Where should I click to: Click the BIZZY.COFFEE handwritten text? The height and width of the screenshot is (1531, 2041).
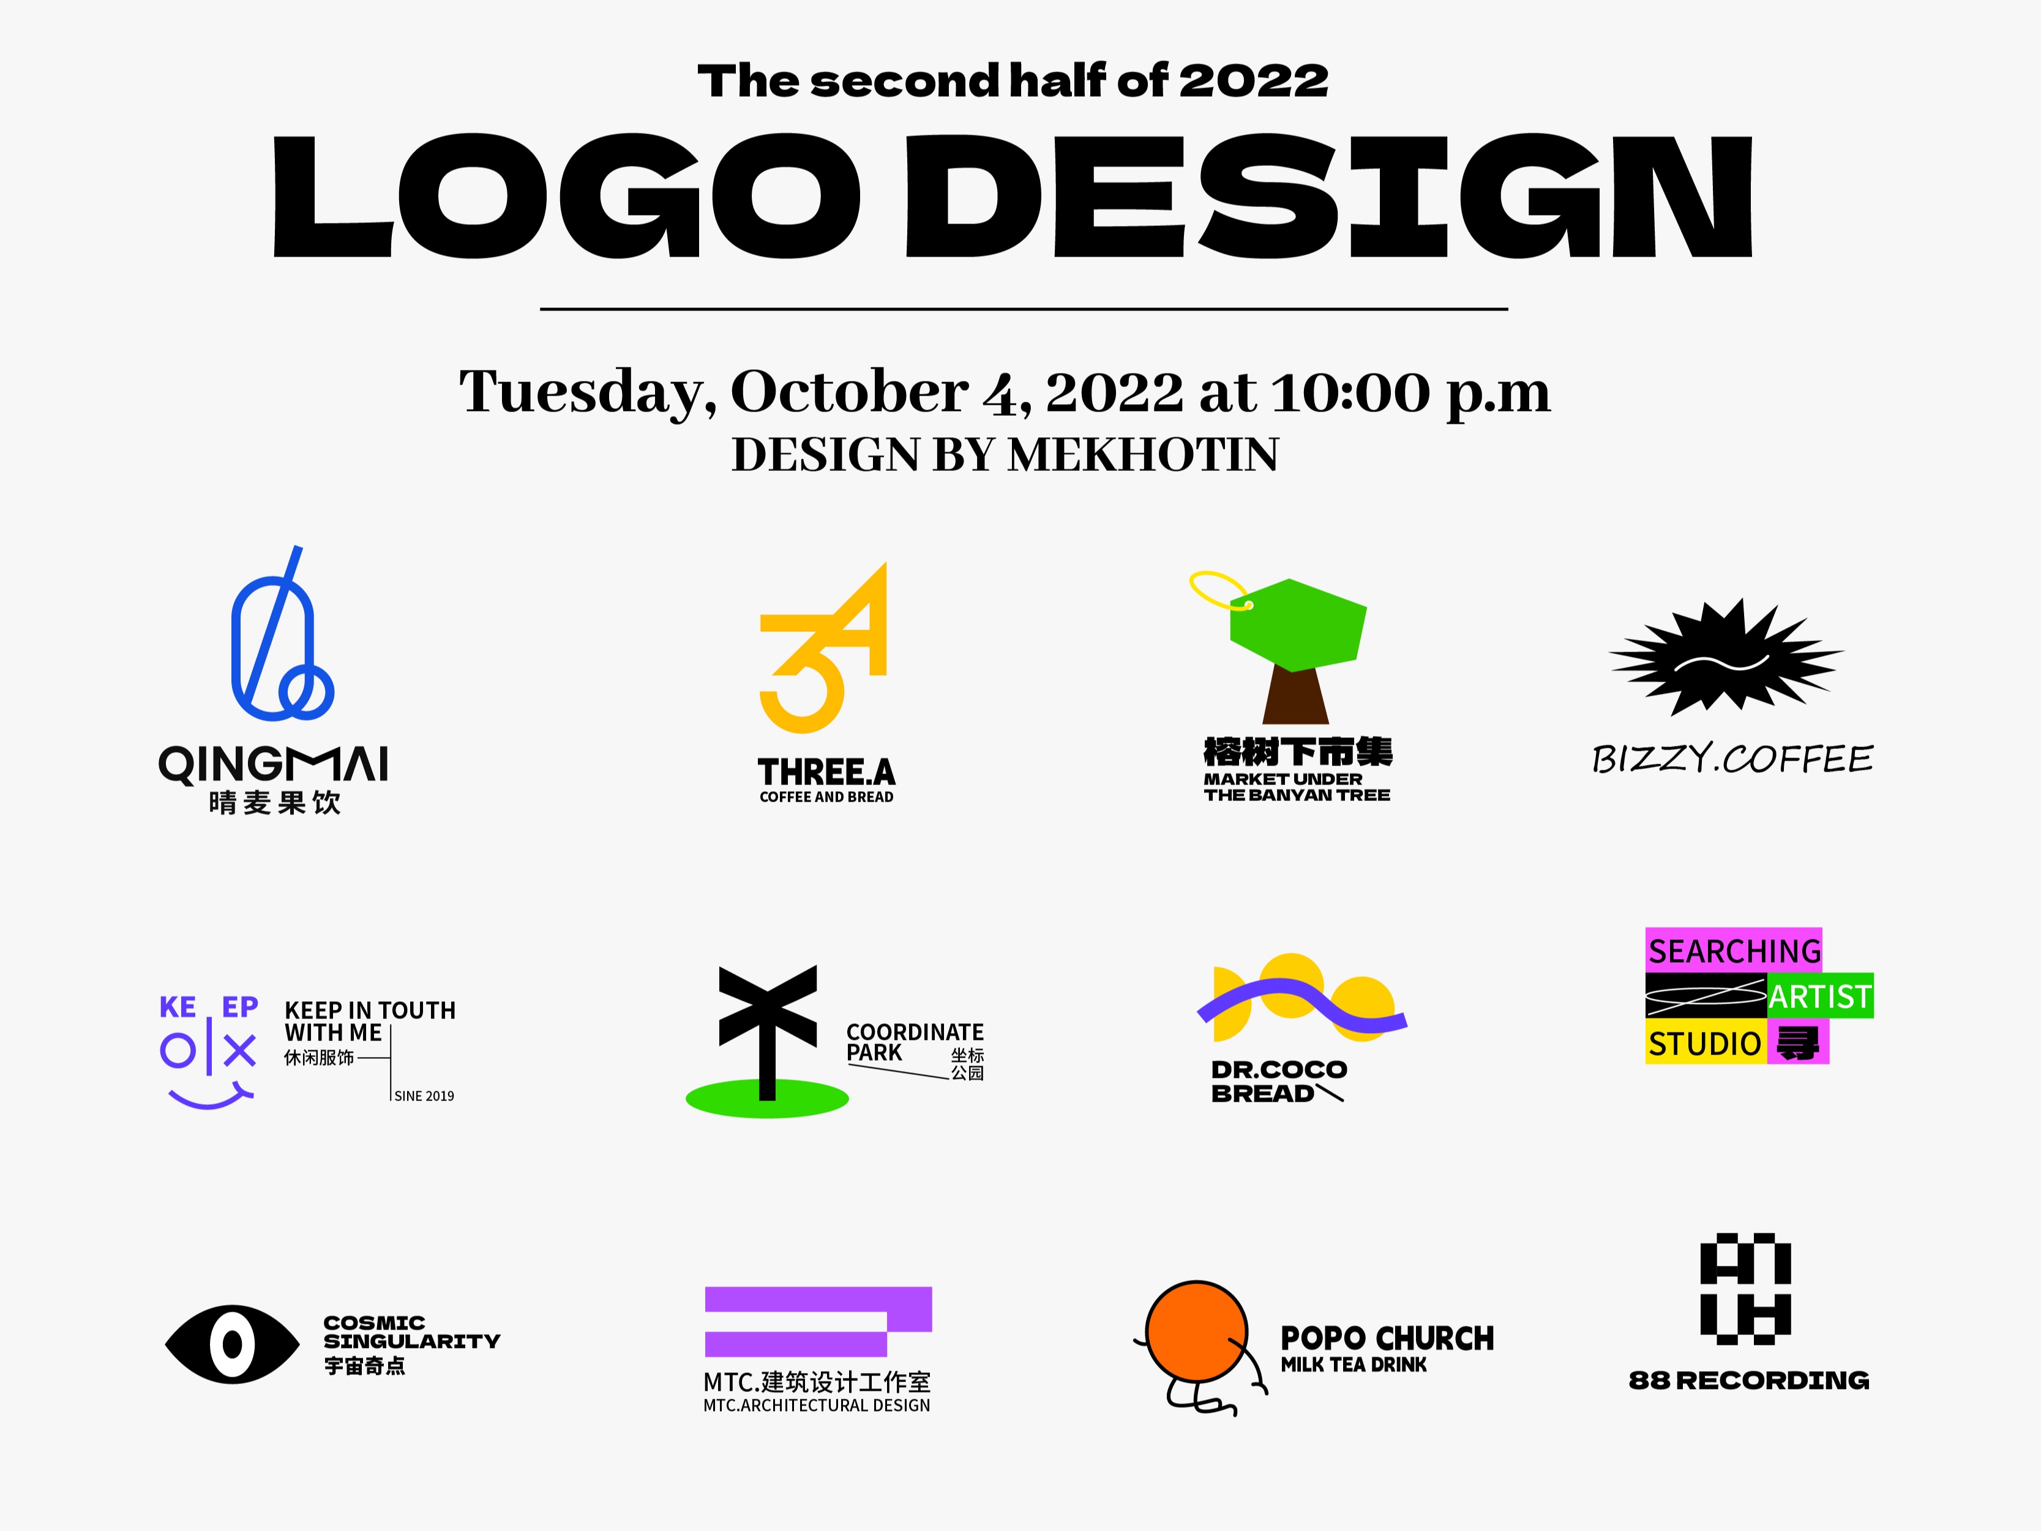coord(1732,759)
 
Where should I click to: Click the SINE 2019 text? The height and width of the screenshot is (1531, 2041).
coord(424,1096)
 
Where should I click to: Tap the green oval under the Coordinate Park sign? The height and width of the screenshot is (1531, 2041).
coord(767,1100)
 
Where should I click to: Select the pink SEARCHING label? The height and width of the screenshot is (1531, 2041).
coord(1734,950)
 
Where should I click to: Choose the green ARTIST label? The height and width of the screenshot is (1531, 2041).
coord(1819,996)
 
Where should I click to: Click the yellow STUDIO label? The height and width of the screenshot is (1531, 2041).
coord(1705,1044)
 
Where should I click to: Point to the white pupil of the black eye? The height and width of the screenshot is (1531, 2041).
coord(233,1345)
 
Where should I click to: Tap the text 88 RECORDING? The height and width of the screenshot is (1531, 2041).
coord(1748,1380)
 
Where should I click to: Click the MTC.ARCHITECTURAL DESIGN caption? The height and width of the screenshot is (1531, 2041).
coord(817,1405)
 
